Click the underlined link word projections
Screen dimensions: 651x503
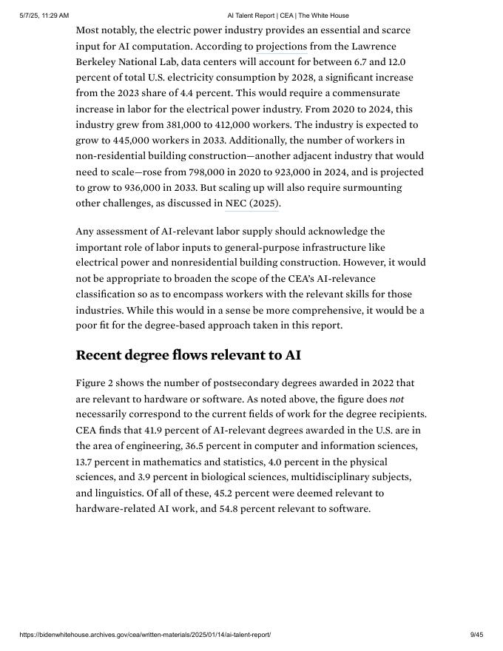pyautogui.click(x=281, y=46)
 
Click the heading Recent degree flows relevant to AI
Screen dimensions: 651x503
pyautogui.click(x=188, y=355)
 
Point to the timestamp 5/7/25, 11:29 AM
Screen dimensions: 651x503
pyautogui.click(x=44, y=16)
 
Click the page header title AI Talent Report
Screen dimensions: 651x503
pyautogui.click(x=288, y=16)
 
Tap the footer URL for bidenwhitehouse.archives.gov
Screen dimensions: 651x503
pyautogui.click(x=145, y=635)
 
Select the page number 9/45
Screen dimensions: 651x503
pyautogui.click(x=476, y=635)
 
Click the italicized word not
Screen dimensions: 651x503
pyautogui.click(x=396, y=399)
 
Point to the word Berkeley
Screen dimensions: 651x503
pyautogui.click(x=96, y=62)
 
